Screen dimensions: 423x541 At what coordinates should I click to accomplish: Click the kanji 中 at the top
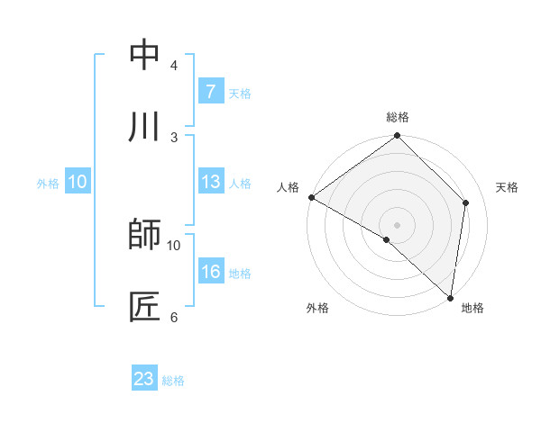[x=144, y=56]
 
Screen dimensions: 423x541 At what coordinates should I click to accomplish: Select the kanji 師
[x=144, y=235]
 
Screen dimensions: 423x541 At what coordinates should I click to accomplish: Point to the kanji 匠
[x=144, y=306]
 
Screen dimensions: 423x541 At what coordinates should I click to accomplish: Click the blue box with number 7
[x=210, y=92]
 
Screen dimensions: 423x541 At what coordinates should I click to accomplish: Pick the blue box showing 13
[x=210, y=183]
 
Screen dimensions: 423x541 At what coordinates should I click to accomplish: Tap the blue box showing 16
[x=210, y=273]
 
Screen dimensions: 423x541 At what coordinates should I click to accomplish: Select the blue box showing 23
[x=144, y=379]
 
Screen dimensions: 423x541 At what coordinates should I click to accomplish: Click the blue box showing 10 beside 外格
[x=77, y=183]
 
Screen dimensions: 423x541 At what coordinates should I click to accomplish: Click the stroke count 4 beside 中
[x=173, y=66]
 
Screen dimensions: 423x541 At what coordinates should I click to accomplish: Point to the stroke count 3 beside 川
[x=173, y=137]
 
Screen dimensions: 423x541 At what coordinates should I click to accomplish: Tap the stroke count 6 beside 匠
[x=173, y=316]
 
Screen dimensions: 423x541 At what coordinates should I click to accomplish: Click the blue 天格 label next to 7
[x=240, y=93]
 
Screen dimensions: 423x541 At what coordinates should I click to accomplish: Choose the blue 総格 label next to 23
[x=173, y=380]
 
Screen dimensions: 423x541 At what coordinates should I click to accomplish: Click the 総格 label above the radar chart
[x=397, y=117]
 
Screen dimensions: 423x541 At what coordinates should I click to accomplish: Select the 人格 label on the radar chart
[x=288, y=187]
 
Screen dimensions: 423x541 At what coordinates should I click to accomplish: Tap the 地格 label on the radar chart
[x=472, y=308]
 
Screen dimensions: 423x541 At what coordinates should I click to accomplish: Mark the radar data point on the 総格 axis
[x=397, y=137]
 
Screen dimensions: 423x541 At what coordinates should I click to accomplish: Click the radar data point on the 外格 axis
[x=387, y=239]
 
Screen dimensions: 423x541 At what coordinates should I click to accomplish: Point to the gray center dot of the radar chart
[x=397, y=224]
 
